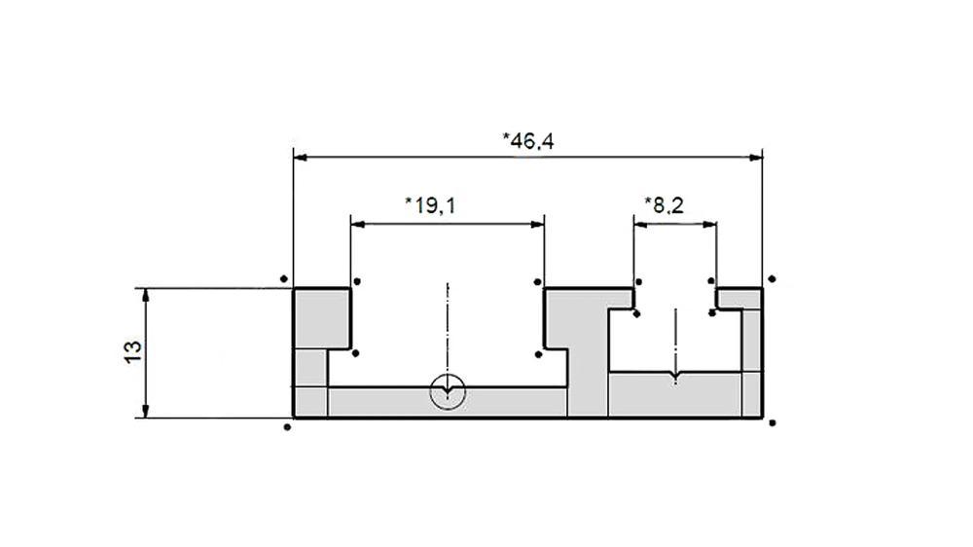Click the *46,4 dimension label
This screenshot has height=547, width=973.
click(x=528, y=141)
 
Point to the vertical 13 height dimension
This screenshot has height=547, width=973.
click(x=134, y=352)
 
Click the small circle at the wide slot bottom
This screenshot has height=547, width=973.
click(x=448, y=392)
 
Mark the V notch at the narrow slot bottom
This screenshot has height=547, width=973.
click(x=675, y=377)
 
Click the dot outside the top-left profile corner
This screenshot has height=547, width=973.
click(x=283, y=279)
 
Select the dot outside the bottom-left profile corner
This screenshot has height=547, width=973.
click(x=286, y=426)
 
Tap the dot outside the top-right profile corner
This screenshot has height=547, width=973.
click(x=772, y=279)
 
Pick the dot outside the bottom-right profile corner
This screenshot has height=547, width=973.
click(x=772, y=422)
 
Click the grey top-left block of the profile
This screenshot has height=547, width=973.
click(x=321, y=317)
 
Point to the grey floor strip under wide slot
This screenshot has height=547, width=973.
click(x=448, y=403)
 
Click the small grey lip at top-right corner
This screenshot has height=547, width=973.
click(x=739, y=297)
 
